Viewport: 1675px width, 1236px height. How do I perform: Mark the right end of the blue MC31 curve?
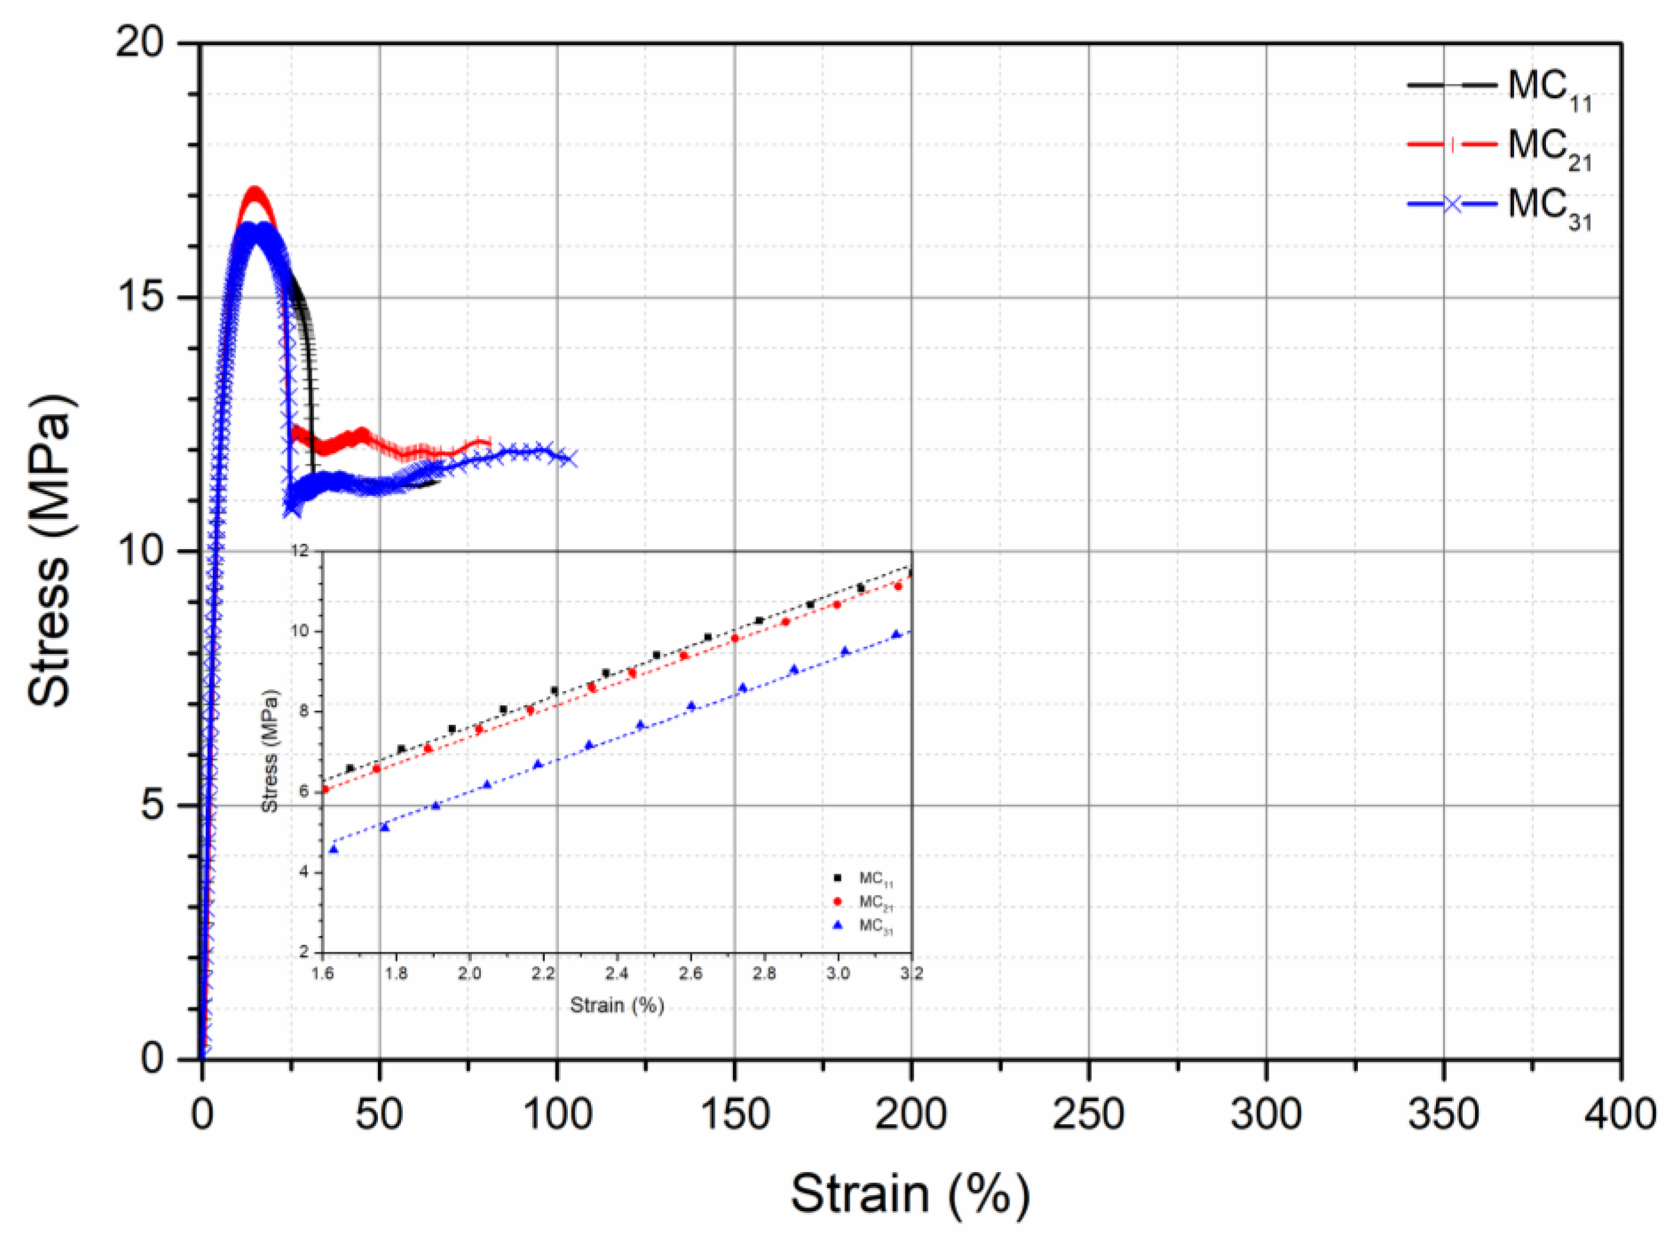(x=570, y=459)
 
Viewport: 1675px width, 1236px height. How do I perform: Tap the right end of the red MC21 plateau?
(x=488, y=443)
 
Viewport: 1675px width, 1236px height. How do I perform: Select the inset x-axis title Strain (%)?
(x=617, y=1005)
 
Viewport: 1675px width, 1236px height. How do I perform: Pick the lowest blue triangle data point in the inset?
(x=334, y=849)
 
